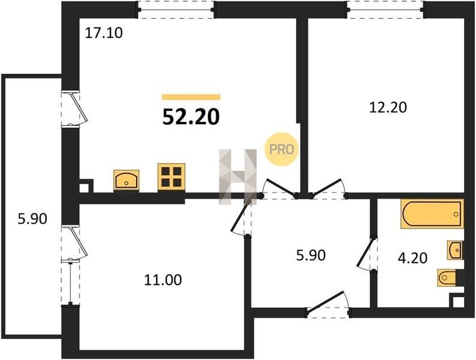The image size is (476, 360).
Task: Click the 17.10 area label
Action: [x=104, y=33]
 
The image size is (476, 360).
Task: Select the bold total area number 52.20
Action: [x=191, y=117]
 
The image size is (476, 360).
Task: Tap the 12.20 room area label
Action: [x=388, y=107]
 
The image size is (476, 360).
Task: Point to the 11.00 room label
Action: [x=163, y=280]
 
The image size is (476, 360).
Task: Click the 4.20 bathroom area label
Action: [x=412, y=258]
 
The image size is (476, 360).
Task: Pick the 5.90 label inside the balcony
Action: [x=32, y=219]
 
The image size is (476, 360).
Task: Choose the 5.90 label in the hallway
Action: [x=311, y=255]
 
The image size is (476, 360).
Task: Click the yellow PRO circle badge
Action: [x=281, y=149]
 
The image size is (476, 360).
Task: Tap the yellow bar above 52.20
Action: [x=191, y=97]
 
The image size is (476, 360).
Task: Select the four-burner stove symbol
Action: [x=171, y=178]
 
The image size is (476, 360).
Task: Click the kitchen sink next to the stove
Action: [x=126, y=181]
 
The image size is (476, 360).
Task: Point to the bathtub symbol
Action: [x=432, y=214]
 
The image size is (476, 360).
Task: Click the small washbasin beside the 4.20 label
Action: [x=456, y=250]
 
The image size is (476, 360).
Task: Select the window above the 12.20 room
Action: [x=385, y=10]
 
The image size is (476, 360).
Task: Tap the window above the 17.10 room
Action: [x=176, y=10]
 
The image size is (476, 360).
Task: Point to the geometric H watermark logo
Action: [x=237, y=176]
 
